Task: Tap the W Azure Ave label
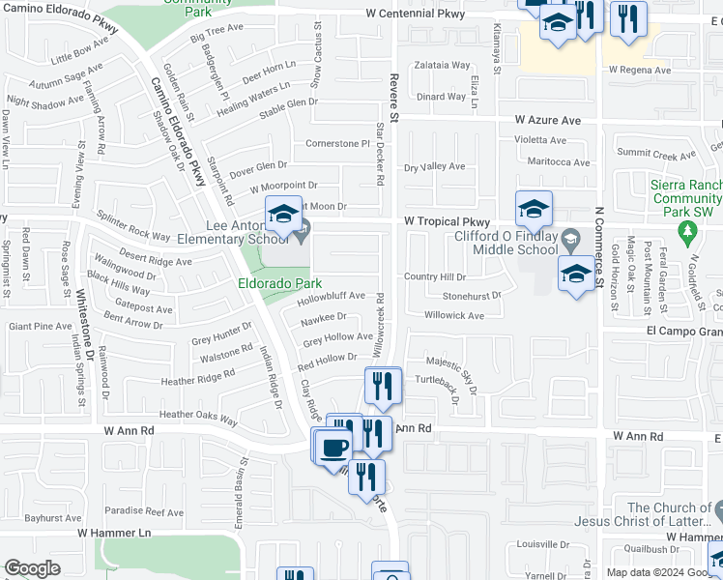547,121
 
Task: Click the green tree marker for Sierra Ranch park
687,232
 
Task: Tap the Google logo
32,568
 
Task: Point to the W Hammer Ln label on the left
114,533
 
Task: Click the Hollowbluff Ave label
332,296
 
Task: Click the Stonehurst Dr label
473,296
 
